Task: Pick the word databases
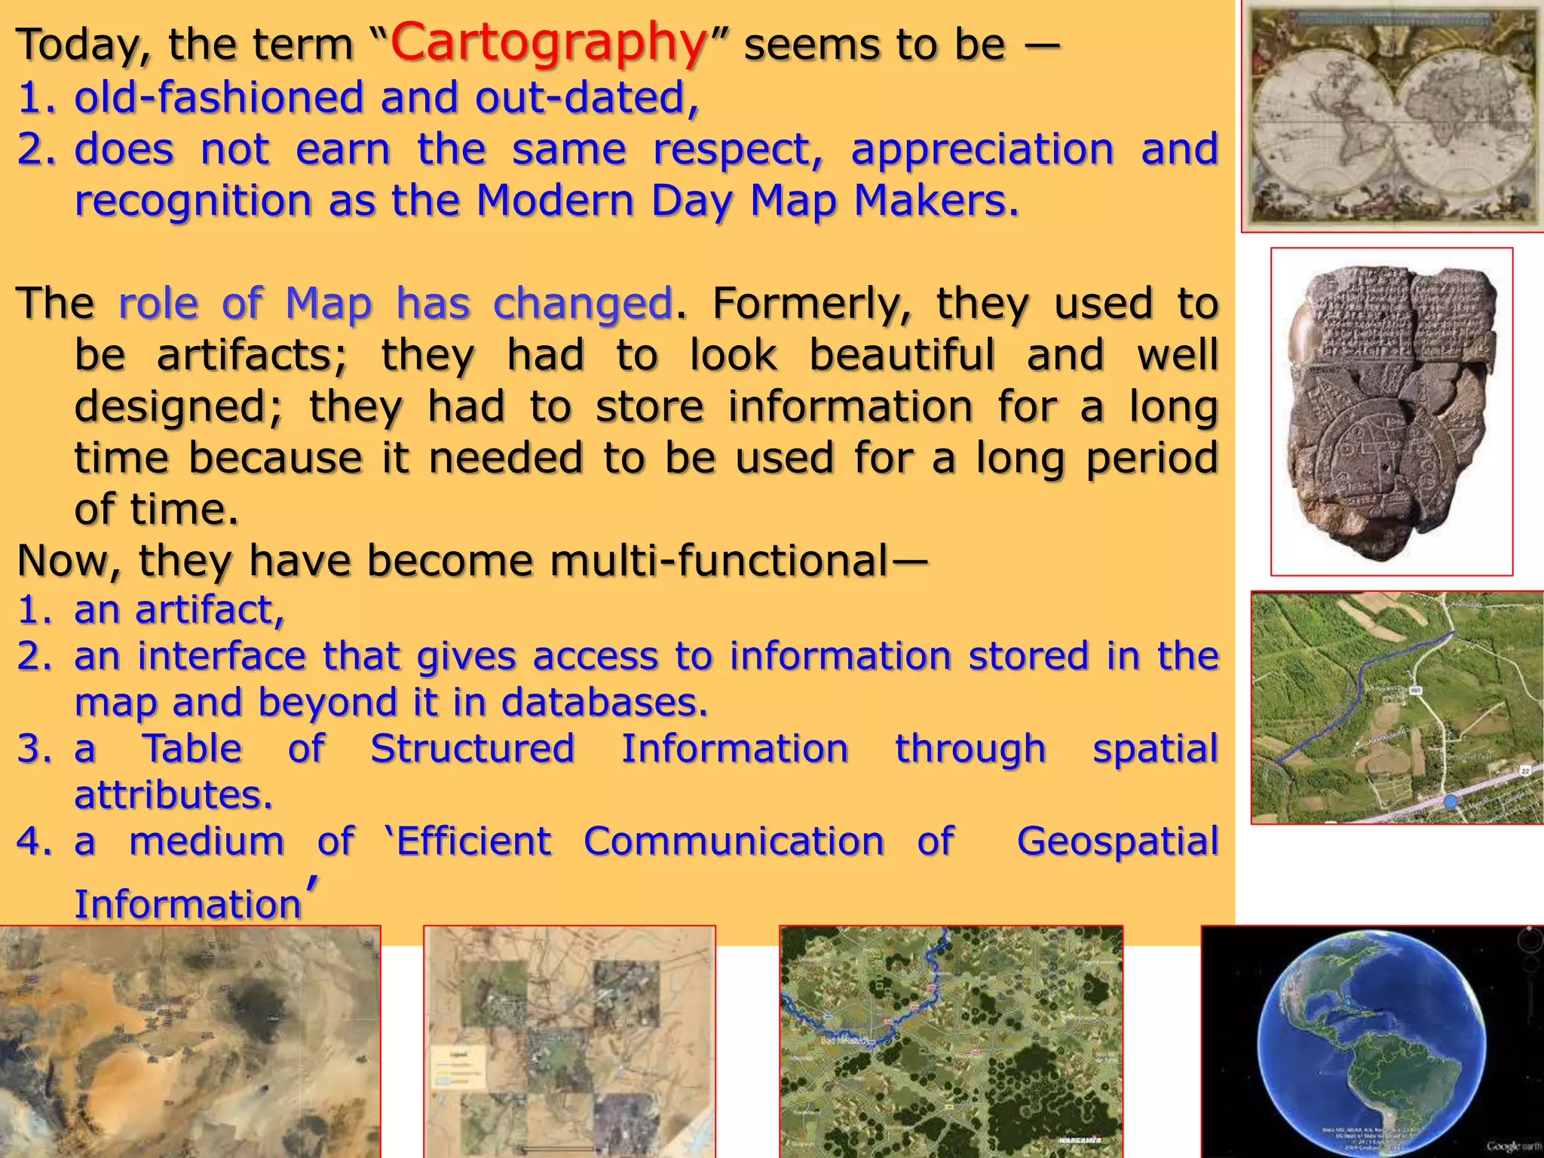[604, 703]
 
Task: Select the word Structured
[473, 749]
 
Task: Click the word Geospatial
[1117, 841]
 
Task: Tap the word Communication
[734, 841]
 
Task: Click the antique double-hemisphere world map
[1392, 116]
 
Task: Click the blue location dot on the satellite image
[1450, 801]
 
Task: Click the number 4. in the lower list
[35, 841]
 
